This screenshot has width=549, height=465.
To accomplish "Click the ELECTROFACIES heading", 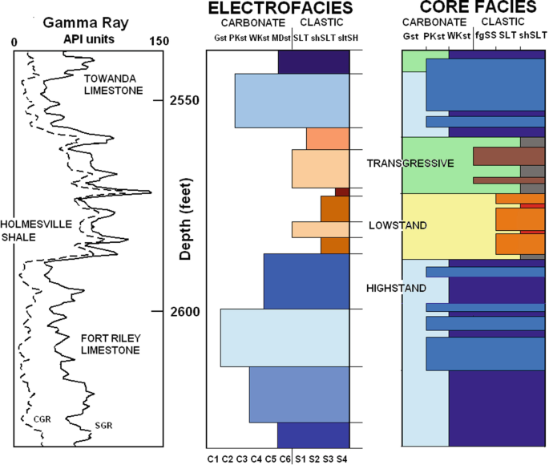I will click(x=277, y=10).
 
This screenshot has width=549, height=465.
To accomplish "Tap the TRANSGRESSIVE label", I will click(x=410, y=164).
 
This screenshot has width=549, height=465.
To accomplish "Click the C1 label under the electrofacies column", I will click(x=212, y=459).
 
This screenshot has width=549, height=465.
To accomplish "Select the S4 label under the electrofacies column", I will click(x=342, y=459).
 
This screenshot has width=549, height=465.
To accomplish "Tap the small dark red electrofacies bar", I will click(x=342, y=192).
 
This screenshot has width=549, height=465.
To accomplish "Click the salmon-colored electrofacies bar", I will click(x=327, y=139).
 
